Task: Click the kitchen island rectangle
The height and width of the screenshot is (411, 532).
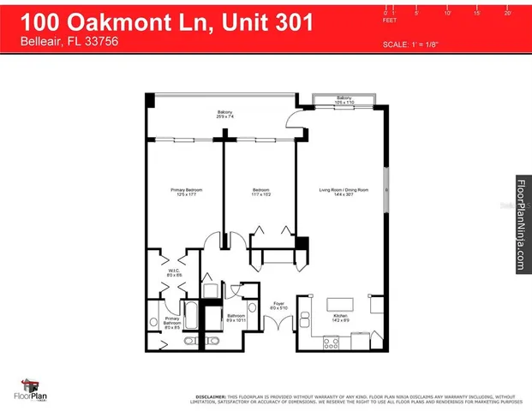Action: pos(342,304)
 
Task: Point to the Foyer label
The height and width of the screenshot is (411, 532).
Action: pos(278,304)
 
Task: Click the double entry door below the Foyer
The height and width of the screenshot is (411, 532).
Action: pos(278,325)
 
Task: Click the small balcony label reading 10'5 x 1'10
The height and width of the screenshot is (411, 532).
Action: pos(344,100)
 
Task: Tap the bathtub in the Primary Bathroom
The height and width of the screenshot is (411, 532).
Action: pos(192,318)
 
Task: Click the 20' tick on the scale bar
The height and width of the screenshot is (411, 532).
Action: pos(507,12)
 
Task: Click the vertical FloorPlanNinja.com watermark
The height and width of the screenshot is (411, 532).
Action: pos(520,225)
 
